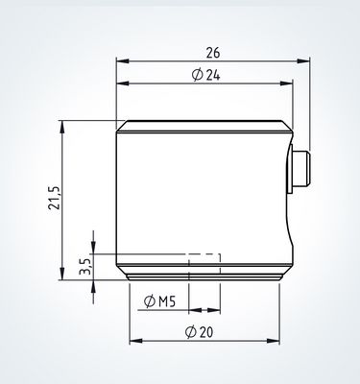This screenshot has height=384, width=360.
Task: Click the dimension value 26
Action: tap(213, 53)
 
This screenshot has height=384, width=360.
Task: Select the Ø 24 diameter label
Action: tap(206, 75)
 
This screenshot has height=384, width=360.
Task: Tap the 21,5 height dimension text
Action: tap(54, 198)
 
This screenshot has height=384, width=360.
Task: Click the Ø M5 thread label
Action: tap(159, 301)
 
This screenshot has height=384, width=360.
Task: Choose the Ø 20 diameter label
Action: tap(199, 332)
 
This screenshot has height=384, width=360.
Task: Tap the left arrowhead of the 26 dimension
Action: tap(123, 60)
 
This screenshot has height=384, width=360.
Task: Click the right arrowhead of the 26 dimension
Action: tap(303, 60)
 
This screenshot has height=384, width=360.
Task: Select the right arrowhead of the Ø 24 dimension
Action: tap(286, 84)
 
